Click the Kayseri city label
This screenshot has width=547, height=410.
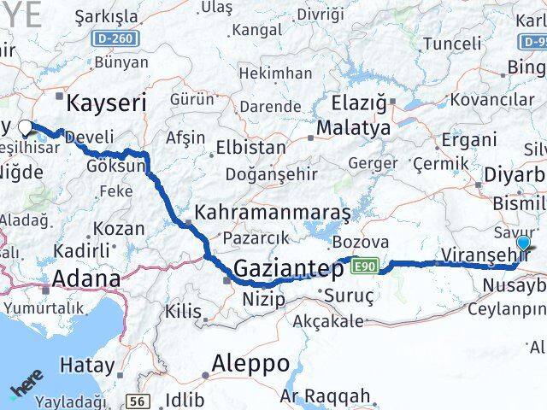[107, 104]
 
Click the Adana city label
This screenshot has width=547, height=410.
[85, 278]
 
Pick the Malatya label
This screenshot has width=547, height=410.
[353, 128]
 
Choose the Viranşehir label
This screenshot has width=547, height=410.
[483, 254]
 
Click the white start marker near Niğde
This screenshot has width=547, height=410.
[25, 128]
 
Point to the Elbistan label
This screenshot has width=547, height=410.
[250, 147]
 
